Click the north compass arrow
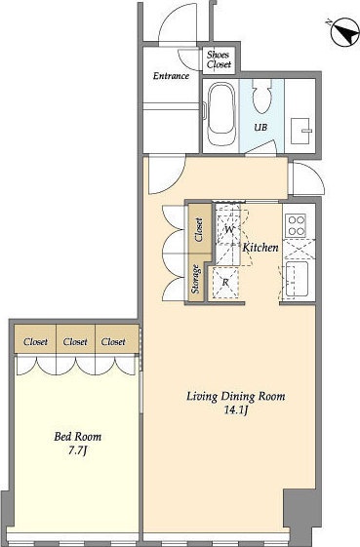point(344,33)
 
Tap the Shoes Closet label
point(219,59)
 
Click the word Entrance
point(171,76)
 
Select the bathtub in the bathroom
point(220,113)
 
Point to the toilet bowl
point(261,96)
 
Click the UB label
point(260,128)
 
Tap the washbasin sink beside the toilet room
point(300,132)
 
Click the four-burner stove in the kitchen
point(296,225)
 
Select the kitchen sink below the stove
point(297,279)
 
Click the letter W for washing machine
point(229,229)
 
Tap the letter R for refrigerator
point(225,282)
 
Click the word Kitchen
point(260,248)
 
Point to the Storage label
point(196,279)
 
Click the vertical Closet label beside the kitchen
point(199,230)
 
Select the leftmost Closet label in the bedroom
point(35,342)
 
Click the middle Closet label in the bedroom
point(75,342)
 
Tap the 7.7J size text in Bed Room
point(77,450)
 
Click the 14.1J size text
point(236,410)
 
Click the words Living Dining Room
point(236,397)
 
